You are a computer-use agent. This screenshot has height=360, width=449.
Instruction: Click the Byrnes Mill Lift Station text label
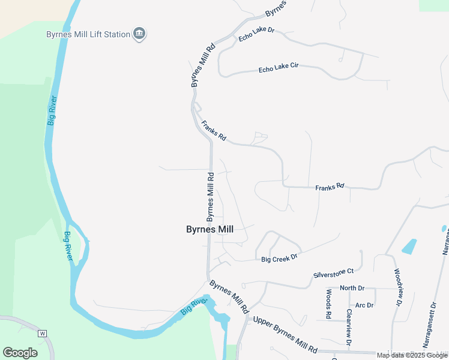pos(88,34)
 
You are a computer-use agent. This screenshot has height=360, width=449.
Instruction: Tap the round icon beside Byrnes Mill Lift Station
pos(139,34)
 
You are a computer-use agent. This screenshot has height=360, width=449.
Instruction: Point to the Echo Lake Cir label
pos(279,68)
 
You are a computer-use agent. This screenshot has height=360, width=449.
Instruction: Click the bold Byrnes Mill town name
pos(209,229)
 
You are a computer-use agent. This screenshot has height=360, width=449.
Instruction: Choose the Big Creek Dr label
pos(280,259)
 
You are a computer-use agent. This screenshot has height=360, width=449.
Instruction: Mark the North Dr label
pos(352,288)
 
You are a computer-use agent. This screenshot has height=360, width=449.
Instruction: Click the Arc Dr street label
pos(364,305)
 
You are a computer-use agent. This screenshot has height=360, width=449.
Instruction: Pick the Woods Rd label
pos(329,304)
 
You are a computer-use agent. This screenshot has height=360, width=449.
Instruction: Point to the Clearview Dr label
pos(348,327)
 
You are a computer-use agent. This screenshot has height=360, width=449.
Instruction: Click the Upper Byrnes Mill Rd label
pos(285,334)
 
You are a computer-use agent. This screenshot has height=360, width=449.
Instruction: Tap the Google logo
pos(20,352)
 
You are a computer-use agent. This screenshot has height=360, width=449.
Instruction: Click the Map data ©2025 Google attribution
pos(412,355)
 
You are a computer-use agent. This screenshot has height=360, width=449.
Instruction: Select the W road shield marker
pos(42,333)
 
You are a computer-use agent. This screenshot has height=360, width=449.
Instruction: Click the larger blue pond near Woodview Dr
pos(409,246)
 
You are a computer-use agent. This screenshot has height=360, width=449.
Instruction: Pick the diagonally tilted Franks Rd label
pos(214,131)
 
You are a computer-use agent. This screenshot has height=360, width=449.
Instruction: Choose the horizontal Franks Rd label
pos(330,187)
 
